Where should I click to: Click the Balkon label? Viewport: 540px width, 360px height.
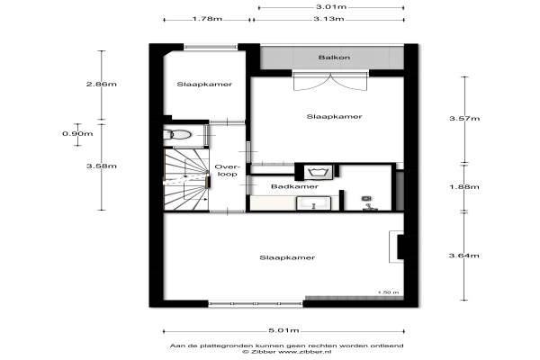334,58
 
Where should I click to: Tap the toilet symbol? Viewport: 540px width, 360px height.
177,134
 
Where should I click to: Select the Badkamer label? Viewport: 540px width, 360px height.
294,186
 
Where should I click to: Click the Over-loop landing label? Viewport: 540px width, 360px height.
228,170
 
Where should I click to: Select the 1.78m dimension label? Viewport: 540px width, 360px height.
207,19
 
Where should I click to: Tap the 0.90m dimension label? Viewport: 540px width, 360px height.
77,133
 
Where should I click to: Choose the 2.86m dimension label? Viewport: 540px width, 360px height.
101,84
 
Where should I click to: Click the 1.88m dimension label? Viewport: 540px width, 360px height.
464,186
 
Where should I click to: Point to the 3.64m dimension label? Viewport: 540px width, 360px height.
463,256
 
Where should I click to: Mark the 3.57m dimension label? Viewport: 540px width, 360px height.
464,119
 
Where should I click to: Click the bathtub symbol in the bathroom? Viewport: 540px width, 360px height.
319,172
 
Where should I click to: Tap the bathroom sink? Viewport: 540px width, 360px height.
313,202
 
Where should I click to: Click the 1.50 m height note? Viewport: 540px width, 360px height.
389,292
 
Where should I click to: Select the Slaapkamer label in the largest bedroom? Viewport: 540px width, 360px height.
287,257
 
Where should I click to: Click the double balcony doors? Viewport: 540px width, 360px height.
330,81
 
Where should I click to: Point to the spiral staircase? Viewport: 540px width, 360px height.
186,179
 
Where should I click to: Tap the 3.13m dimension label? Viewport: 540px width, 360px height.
328,19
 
